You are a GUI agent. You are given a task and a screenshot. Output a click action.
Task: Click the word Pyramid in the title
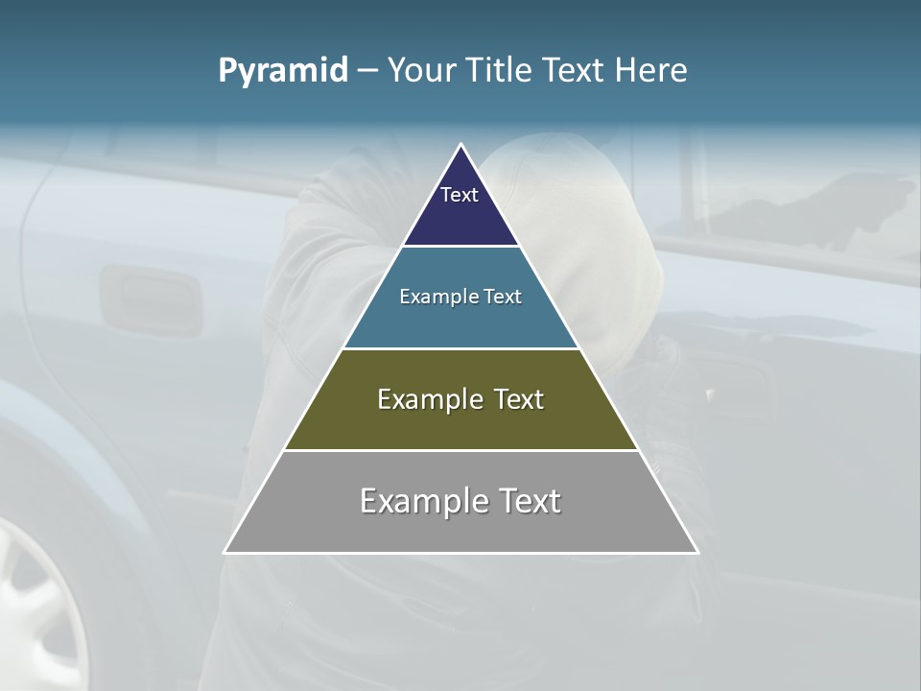(x=283, y=71)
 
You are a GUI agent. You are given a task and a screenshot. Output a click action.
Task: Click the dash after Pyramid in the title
(x=367, y=71)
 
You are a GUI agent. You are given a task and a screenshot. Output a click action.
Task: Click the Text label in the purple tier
(x=460, y=195)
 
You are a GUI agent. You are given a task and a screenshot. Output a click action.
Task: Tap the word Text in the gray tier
(x=529, y=501)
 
